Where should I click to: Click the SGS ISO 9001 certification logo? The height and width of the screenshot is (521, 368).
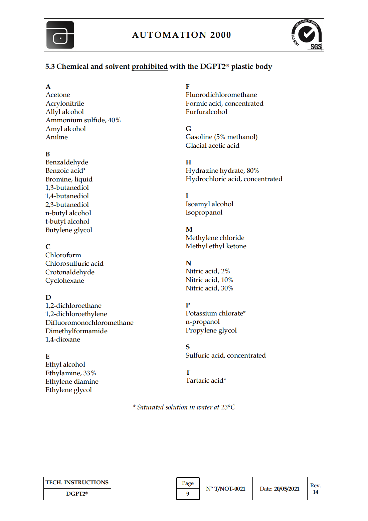[x=307, y=35]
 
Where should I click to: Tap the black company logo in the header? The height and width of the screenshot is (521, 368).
[x=60, y=35]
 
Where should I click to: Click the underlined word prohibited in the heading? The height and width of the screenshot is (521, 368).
[x=149, y=67]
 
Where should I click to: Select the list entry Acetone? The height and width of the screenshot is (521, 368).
[x=58, y=95]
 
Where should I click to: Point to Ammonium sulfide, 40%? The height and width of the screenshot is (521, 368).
[x=83, y=120]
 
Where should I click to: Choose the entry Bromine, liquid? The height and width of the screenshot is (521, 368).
[x=69, y=179]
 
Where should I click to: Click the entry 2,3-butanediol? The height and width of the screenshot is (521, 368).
[x=67, y=205]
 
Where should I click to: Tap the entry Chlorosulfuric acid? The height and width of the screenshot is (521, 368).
[x=74, y=264]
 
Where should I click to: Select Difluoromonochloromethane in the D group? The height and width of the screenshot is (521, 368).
[x=89, y=323]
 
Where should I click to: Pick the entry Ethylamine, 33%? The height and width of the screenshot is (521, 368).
[x=70, y=373]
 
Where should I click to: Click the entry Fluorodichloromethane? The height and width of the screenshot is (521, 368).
[x=221, y=95]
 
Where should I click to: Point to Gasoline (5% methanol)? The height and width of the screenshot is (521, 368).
[x=221, y=137]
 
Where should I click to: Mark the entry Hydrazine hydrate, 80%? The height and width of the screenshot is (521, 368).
[x=222, y=171]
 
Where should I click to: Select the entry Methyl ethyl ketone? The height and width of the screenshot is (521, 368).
[x=216, y=246]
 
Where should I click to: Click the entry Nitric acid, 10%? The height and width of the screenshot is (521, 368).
[x=209, y=280]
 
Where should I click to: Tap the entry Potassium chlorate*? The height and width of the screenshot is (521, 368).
[x=215, y=313]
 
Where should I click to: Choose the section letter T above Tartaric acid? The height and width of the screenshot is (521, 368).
[x=188, y=372]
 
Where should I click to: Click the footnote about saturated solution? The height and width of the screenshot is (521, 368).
[x=184, y=407]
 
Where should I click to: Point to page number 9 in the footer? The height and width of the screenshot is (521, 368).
[x=188, y=494]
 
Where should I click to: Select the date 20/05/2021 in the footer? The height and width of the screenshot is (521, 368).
[x=287, y=489]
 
